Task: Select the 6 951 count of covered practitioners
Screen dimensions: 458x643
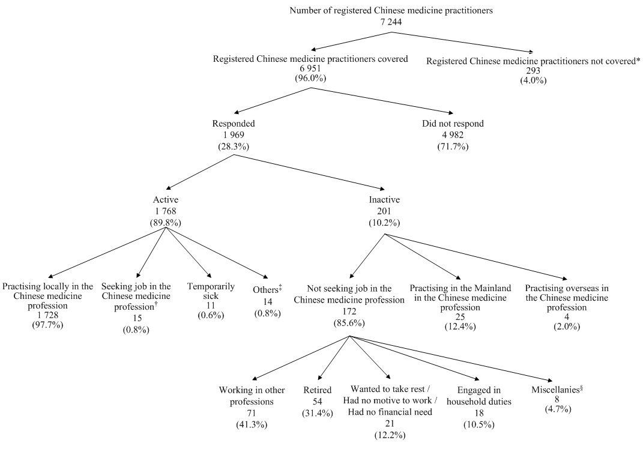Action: click(x=310, y=69)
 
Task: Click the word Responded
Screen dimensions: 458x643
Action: click(x=234, y=124)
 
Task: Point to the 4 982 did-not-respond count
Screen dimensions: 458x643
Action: click(x=453, y=135)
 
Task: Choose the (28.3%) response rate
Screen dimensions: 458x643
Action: click(x=234, y=146)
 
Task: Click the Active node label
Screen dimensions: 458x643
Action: click(x=165, y=199)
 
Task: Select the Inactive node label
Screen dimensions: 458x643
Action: click(x=385, y=199)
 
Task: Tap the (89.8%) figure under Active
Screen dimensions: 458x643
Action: click(x=165, y=222)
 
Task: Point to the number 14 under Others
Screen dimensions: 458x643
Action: click(x=267, y=302)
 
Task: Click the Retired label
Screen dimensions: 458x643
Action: click(x=317, y=390)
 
